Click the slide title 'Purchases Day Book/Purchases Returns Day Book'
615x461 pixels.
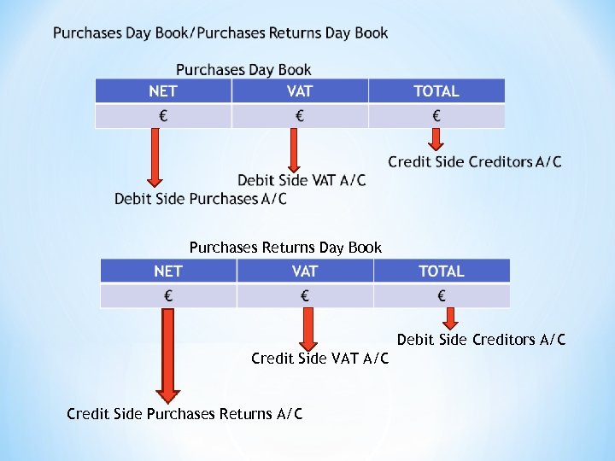pos(220,33)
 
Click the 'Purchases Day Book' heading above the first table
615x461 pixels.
pos(243,70)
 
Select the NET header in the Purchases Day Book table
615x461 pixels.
pos(163,91)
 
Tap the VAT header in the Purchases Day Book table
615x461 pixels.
pos(300,91)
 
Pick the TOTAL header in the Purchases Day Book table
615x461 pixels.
pos(436,91)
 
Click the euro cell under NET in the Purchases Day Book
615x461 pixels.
pos(163,116)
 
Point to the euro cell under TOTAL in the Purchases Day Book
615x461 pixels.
pos(436,116)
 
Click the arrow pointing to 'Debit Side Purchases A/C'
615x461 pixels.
pos(155,157)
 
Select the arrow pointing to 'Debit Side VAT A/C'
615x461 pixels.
pos(293,150)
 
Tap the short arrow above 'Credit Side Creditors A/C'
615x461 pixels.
pos(436,139)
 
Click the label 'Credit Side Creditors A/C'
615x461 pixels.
pos(475,161)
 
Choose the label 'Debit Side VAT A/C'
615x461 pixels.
pos(302,180)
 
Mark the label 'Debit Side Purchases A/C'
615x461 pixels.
pos(201,199)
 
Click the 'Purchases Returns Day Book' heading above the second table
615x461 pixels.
pos(285,248)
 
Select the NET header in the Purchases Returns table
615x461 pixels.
pos(168,271)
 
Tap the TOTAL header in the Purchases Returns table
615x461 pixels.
pos(442,271)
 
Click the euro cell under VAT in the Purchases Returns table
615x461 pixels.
pos(305,296)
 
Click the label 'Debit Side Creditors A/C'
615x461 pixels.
pos(481,340)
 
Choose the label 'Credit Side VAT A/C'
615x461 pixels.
pos(319,359)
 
